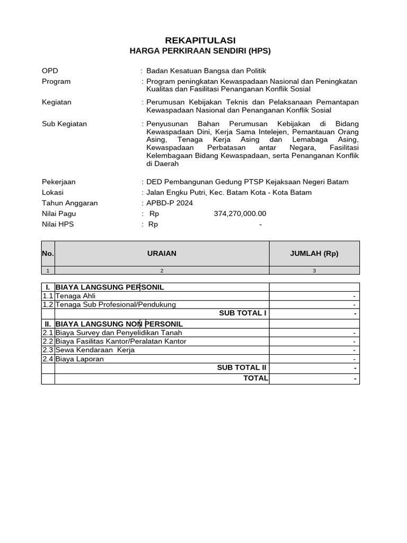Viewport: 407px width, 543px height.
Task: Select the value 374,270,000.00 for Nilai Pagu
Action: [x=240, y=213]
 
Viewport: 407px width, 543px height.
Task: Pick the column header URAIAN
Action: [x=162, y=253]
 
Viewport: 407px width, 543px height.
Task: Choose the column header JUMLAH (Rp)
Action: [x=314, y=253]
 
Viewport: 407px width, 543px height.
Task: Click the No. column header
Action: [x=48, y=253]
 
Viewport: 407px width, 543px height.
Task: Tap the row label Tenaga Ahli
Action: [x=76, y=296]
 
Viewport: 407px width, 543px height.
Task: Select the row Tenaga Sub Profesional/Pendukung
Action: [x=116, y=304]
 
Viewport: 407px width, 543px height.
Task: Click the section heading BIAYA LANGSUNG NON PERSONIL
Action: [x=119, y=323]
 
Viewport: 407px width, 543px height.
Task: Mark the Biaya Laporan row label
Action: [x=79, y=359]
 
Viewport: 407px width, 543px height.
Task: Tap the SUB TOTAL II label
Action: [x=242, y=367]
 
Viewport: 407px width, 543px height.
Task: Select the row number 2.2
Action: [x=48, y=341]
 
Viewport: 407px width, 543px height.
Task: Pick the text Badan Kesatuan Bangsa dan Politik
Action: [x=206, y=71]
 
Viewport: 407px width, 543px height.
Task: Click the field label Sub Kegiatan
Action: [x=64, y=124]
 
